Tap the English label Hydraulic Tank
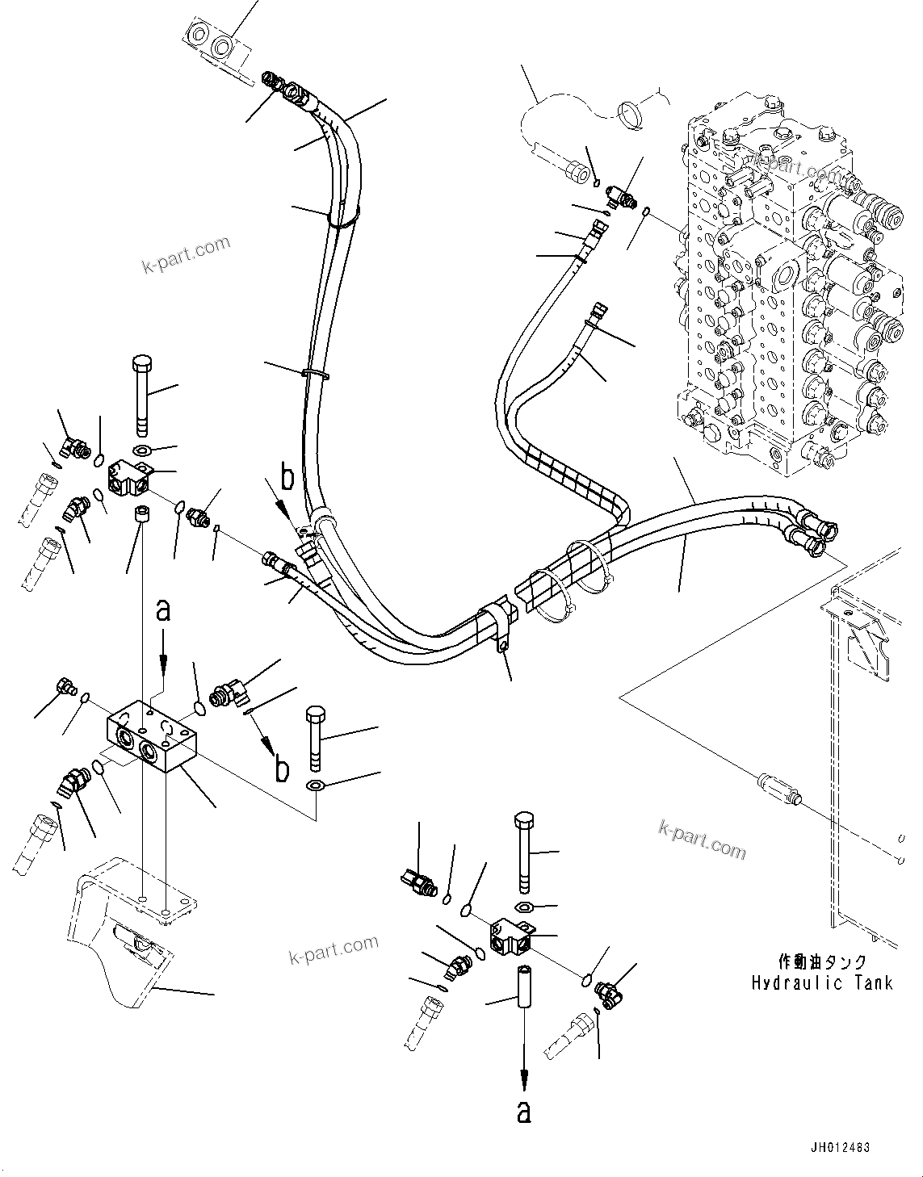pos(822,982)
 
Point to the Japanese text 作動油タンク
pos(822,961)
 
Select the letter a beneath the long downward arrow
pos(524,1113)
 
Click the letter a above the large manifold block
pos(163,610)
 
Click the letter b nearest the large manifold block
pos(281,769)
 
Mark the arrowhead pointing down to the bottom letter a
pos(524,1078)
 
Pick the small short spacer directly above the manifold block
pos(143,514)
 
